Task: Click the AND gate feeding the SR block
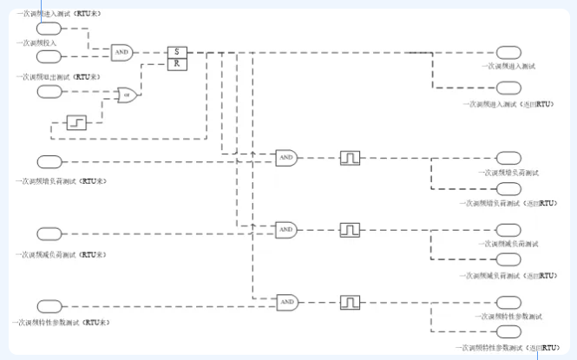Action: tap(121, 52)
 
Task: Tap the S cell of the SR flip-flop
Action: tap(176, 51)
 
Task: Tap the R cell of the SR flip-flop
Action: tap(176, 62)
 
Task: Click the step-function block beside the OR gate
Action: tap(76, 122)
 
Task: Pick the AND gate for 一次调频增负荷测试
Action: tap(286, 158)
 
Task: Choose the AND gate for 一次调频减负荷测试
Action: tap(286, 230)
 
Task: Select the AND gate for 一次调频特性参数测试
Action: tap(288, 302)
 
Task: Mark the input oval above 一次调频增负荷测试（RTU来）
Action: tap(49, 161)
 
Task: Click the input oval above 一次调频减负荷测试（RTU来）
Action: tap(49, 233)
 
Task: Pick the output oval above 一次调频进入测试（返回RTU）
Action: tap(508, 88)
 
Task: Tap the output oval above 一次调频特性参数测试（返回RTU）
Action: tap(508, 333)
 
